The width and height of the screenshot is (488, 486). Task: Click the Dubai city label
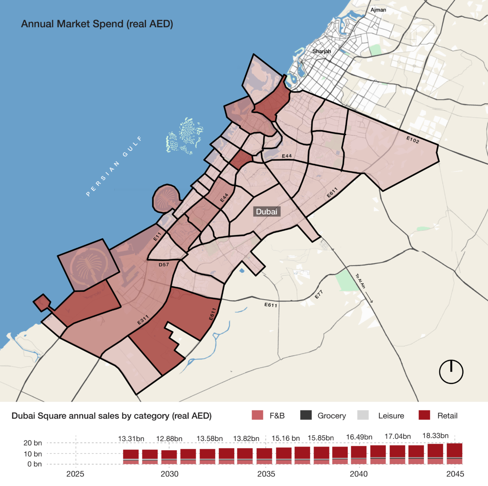click(x=266, y=211)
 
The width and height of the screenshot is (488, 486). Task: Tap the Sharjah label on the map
click(x=321, y=51)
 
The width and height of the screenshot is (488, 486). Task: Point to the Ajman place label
click(x=378, y=10)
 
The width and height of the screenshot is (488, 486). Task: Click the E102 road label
click(x=413, y=139)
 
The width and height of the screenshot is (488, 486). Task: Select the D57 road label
click(x=163, y=265)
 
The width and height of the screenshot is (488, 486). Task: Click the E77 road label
click(x=319, y=295)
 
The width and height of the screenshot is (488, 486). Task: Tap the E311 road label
click(x=143, y=320)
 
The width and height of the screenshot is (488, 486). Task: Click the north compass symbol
click(x=451, y=371)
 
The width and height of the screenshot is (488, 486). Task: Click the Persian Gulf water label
click(x=114, y=167)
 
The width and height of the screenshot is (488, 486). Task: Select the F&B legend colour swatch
click(x=258, y=415)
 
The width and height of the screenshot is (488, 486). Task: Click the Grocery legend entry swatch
click(x=306, y=415)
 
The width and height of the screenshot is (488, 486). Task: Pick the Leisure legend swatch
click(x=363, y=415)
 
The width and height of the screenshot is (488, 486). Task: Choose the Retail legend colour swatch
click(x=424, y=415)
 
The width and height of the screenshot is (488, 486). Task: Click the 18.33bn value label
click(x=436, y=436)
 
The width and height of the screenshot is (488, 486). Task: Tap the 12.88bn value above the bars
click(x=169, y=439)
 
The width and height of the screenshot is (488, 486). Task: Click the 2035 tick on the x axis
click(x=266, y=474)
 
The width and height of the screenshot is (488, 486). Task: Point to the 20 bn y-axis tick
click(x=33, y=443)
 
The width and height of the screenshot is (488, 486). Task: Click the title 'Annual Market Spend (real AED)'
click(x=97, y=24)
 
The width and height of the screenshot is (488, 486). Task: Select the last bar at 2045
click(x=455, y=453)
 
